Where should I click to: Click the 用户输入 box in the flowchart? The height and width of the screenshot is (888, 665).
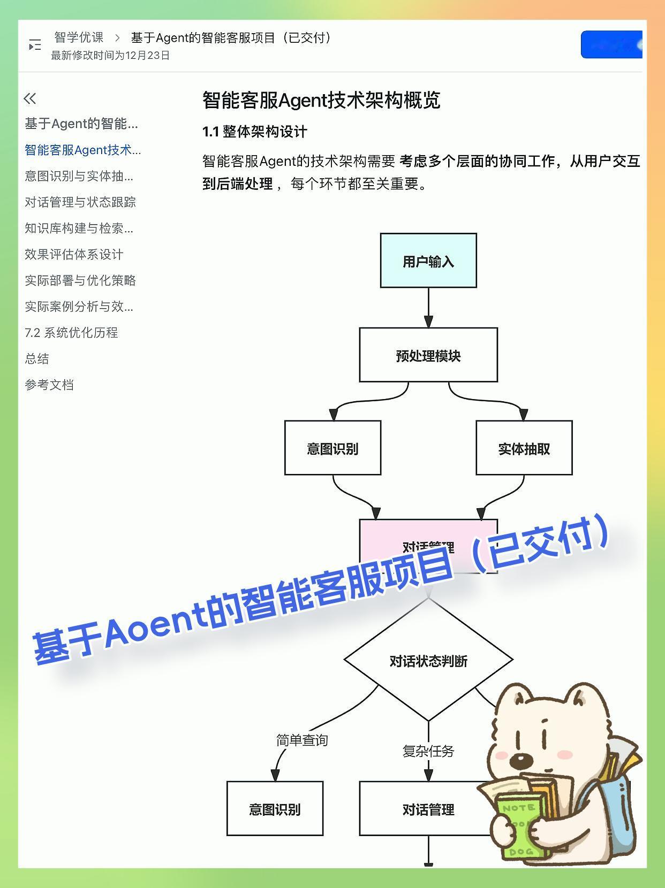click(x=428, y=261)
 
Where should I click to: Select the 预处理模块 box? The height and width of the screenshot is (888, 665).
click(x=428, y=355)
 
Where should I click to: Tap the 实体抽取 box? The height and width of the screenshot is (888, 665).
click(x=524, y=448)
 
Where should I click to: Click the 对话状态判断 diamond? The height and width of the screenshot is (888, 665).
click(x=428, y=661)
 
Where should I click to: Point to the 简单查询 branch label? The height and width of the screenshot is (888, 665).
click(x=302, y=740)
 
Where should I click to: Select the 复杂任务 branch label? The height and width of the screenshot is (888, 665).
click(x=428, y=751)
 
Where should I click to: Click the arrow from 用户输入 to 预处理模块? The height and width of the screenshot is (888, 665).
click(x=428, y=308)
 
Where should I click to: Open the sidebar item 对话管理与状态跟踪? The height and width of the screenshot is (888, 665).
click(x=80, y=202)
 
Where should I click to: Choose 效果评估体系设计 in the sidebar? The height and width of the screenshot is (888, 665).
click(x=74, y=254)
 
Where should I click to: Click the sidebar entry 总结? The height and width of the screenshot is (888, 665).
click(x=37, y=358)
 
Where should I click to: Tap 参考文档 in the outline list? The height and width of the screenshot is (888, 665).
click(x=49, y=385)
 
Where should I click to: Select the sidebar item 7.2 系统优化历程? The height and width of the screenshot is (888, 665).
click(x=71, y=333)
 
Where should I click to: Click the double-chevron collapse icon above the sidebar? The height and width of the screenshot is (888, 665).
click(x=30, y=98)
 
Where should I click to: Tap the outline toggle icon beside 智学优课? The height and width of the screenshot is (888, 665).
click(x=35, y=45)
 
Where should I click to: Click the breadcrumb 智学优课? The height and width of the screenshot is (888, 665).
click(x=79, y=37)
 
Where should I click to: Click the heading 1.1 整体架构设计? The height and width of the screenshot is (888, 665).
click(x=255, y=132)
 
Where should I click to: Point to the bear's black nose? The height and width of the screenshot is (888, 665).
click(x=520, y=760)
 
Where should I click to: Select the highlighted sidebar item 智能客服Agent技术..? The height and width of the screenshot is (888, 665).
click(x=82, y=150)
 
